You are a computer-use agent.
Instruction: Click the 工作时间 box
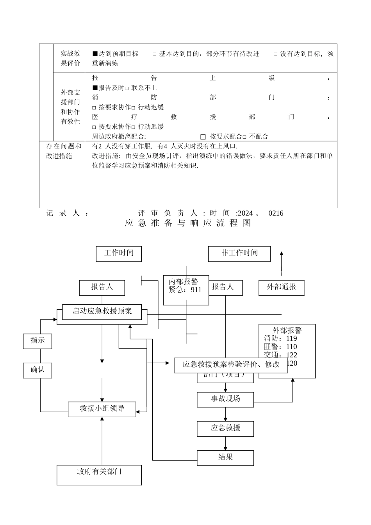[x=119, y=254]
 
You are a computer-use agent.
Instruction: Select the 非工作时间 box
[x=239, y=254]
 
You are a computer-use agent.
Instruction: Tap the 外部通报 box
[x=281, y=287]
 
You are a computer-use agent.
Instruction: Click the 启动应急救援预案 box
[x=102, y=311]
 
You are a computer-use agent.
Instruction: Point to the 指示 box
[x=37, y=341]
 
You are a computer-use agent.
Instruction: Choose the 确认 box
[x=37, y=370]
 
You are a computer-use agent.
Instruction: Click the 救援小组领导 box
[x=102, y=409]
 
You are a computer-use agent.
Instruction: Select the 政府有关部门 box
[x=99, y=475]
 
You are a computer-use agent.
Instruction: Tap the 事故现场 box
[x=225, y=399]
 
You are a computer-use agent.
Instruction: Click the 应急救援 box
[x=225, y=429]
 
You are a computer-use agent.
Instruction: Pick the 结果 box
[x=225, y=457]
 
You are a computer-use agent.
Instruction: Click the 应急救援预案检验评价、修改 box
[x=231, y=365]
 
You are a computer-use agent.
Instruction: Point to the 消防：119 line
[x=280, y=339]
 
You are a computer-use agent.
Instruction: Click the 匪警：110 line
[x=280, y=347]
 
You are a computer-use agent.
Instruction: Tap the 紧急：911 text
[x=185, y=290]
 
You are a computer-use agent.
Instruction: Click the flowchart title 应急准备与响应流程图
[x=188, y=223]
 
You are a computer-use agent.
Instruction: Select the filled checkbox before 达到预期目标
[x=95, y=54]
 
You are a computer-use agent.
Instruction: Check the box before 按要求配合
[x=203, y=137]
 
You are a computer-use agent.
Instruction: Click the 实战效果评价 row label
[x=70, y=58]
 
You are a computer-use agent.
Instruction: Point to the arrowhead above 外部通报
[x=282, y=254]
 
